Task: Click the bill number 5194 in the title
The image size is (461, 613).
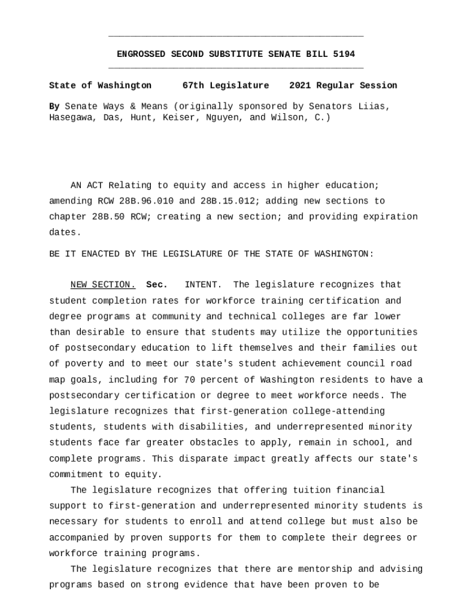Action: tap(344, 54)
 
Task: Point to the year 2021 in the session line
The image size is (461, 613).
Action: tap(299, 86)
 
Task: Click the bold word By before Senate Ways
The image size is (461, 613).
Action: tap(54, 107)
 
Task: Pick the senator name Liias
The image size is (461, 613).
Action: tap(374, 107)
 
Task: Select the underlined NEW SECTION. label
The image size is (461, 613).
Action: tap(103, 285)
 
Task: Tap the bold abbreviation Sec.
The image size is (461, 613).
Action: tap(157, 285)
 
